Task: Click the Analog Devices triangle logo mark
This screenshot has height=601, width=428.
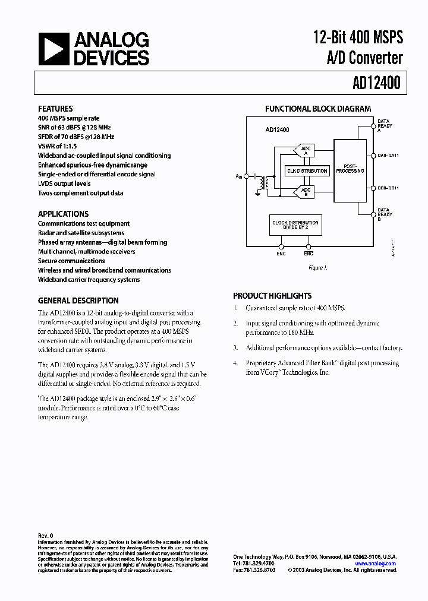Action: (53, 49)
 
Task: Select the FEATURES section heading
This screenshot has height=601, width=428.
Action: (55, 109)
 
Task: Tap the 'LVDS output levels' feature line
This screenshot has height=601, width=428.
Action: (64, 184)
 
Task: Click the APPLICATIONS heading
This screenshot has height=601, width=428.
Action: (63, 214)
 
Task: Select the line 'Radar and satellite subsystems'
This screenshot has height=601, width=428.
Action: (81, 233)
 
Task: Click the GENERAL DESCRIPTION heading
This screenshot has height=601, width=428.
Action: (78, 300)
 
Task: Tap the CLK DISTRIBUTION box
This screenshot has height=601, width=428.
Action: (307, 171)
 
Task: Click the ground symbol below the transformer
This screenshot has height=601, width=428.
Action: (259, 192)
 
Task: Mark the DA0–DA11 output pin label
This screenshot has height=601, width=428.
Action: (389, 156)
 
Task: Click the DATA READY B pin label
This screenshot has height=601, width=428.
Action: (385, 214)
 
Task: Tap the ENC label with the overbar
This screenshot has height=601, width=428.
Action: (309, 254)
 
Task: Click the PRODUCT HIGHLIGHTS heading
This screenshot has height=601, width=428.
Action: (272, 296)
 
